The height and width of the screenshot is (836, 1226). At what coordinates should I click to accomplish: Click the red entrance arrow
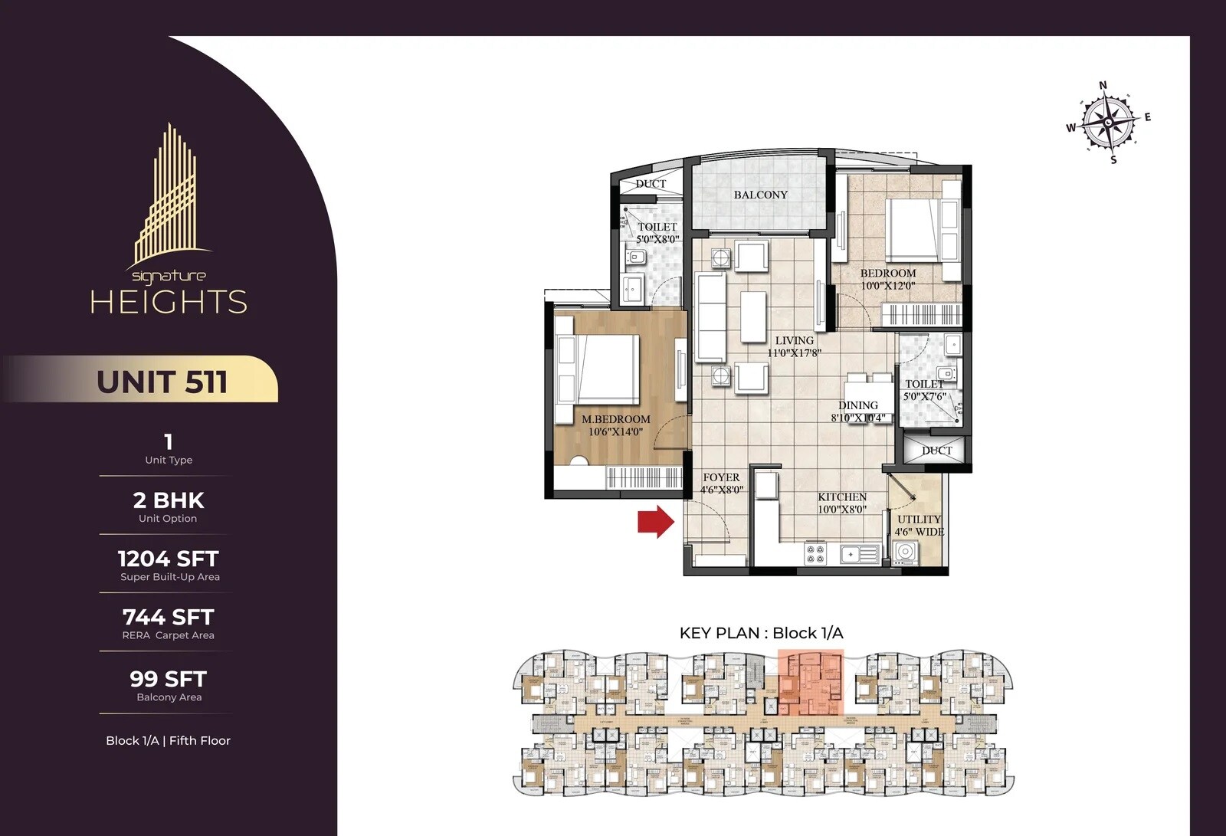click(x=656, y=522)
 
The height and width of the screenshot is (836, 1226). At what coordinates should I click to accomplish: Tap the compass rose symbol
click(x=1108, y=122)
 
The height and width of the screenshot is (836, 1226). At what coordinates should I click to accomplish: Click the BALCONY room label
click(x=760, y=195)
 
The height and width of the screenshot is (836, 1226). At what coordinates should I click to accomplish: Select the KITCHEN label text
click(x=842, y=497)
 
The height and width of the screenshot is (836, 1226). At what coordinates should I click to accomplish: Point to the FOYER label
click(x=721, y=477)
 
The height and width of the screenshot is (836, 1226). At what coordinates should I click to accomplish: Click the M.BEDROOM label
click(x=615, y=419)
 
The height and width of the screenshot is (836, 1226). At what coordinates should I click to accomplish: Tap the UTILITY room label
click(x=919, y=519)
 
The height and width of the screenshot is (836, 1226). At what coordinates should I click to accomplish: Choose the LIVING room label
click(x=794, y=340)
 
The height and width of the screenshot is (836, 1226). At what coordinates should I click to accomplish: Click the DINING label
click(x=857, y=405)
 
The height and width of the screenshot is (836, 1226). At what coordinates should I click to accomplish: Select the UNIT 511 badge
click(x=162, y=381)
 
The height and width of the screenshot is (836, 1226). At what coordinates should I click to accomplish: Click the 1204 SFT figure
click(x=168, y=559)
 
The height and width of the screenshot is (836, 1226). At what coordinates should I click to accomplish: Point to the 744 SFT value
click(x=168, y=617)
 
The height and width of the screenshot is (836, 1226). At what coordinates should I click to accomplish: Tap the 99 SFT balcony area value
click(x=168, y=679)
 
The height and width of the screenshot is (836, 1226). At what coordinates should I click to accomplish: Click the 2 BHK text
click(x=168, y=500)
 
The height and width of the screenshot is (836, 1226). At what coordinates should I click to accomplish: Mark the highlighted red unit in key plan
click(x=811, y=682)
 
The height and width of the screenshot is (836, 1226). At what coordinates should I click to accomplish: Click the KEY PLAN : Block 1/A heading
click(x=761, y=633)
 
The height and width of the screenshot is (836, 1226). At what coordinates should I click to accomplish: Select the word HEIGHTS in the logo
click(x=169, y=302)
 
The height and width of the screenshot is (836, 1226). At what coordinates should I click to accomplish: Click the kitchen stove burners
click(x=815, y=553)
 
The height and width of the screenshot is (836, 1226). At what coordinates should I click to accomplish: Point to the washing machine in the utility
click(x=905, y=552)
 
